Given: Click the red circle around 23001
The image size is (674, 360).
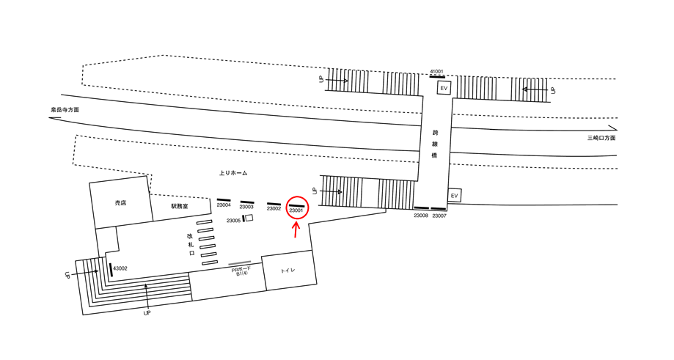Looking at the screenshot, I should click(297, 208).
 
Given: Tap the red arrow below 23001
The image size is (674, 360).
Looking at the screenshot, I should click(296, 229).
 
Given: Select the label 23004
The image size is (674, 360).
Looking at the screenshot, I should click(224, 206).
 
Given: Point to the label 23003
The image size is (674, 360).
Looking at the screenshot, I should click(246, 207).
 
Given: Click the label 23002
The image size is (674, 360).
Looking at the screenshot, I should click(274, 209).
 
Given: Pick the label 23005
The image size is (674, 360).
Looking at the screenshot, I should click(233, 220).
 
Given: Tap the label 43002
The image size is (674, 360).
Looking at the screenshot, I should click(120, 268).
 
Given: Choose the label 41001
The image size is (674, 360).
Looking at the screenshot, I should click(436, 71).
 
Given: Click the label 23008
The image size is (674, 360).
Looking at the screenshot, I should click(421, 216).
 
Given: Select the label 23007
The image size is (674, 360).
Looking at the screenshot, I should click(439, 216).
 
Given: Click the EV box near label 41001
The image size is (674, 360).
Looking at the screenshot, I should click(444, 88).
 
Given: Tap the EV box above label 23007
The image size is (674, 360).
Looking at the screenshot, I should click(454, 196).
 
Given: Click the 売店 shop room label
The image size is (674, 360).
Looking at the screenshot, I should click(120, 202).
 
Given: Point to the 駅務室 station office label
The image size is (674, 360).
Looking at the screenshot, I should click(180, 207).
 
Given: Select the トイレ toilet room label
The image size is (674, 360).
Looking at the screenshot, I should click(288, 271).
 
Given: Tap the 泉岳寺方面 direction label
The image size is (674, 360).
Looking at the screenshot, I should click(65, 110).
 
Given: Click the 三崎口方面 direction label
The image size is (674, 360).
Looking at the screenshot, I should click(601, 138).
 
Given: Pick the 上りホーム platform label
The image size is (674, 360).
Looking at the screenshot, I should click(233, 173).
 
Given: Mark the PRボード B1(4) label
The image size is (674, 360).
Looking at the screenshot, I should click(241, 271).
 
